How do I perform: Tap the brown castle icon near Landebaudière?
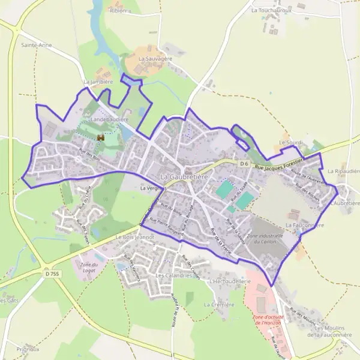101,139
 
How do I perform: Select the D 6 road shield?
244,163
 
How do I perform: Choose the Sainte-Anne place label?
37,45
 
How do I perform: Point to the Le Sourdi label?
291,142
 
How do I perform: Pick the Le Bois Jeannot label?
134,237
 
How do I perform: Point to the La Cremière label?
218,305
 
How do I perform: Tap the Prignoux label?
28,349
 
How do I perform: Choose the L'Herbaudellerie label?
229,281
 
